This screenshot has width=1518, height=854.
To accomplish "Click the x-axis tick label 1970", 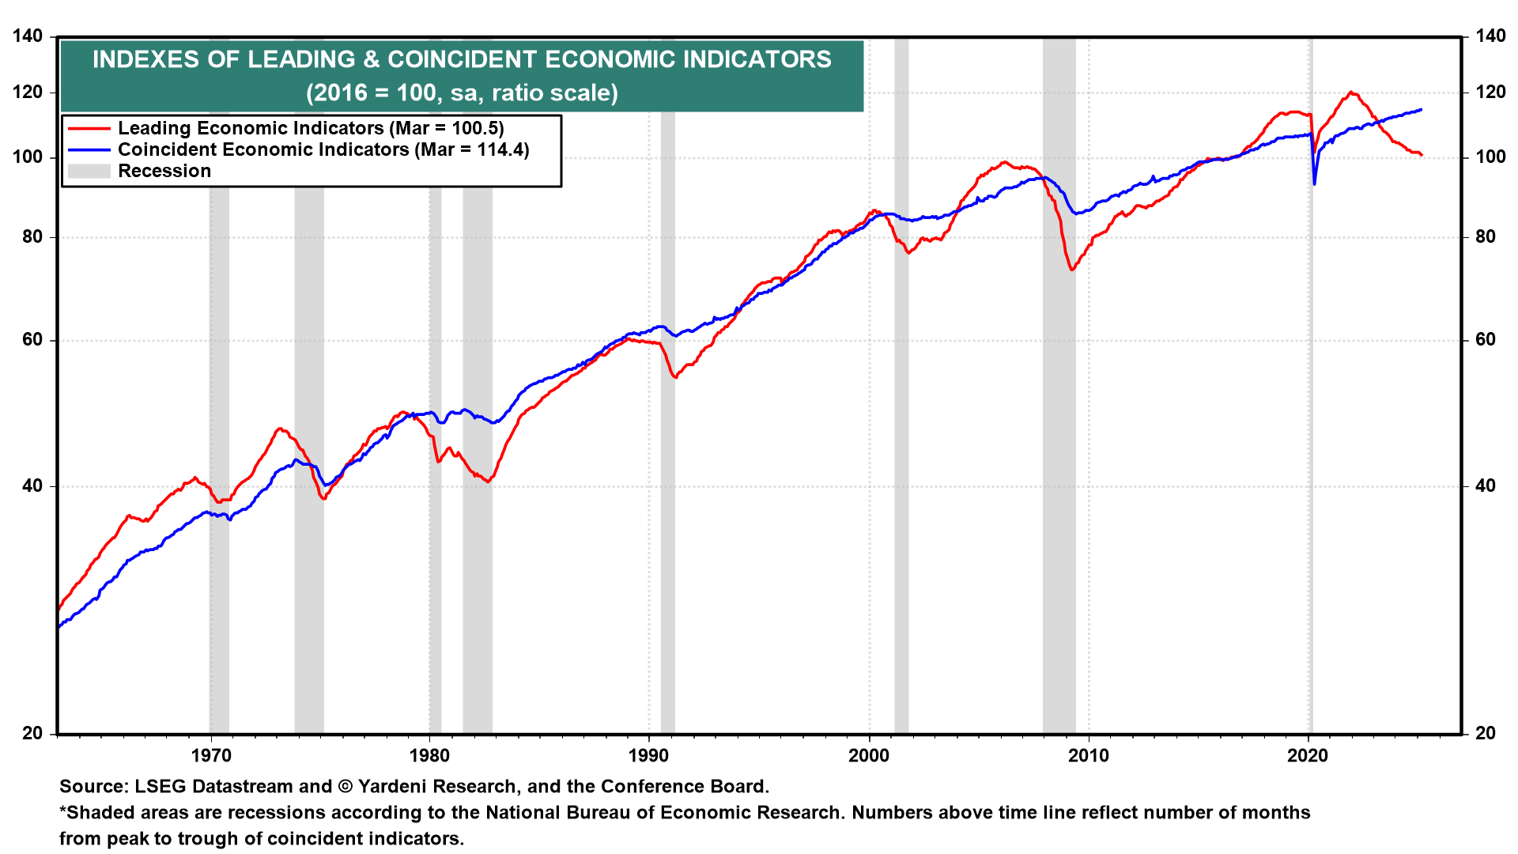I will click(x=211, y=755).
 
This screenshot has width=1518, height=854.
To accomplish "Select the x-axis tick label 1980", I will click(x=430, y=755).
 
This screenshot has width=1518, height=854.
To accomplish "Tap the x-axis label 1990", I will click(x=648, y=755).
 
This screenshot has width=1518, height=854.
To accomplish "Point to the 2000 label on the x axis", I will click(x=869, y=755).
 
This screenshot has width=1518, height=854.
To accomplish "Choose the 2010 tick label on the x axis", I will click(x=1089, y=755).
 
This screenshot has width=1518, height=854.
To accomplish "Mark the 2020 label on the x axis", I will click(x=1308, y=755).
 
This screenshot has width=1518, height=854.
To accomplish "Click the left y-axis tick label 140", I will click(x=28, y=36).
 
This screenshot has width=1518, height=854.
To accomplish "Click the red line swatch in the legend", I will click(x=89, y=128).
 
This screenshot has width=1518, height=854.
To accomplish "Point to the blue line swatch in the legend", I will click(x=89, y=149).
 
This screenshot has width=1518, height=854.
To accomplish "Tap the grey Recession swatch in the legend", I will click(x=89, y=171).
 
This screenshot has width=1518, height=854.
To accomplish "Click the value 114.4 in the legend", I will click(x=499, y=149).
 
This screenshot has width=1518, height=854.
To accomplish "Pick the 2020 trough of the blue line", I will click(x=1314, y=184).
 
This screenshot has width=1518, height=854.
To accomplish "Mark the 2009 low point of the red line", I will click(x=1072, y=270).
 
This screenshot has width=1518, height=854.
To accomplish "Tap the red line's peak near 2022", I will click(x=1351, y=93).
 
